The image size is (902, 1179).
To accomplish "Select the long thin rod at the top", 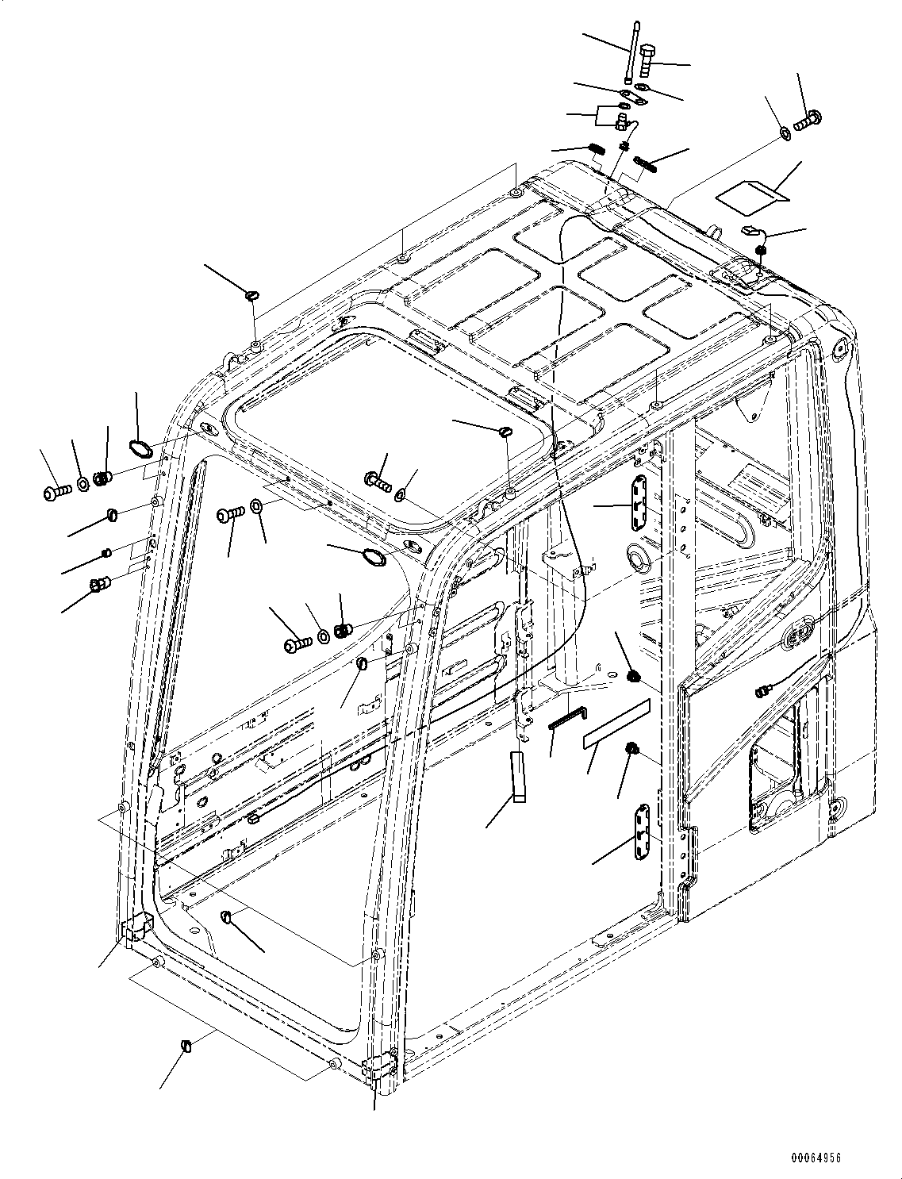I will (631, 52).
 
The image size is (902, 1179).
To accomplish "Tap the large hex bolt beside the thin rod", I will (647, 60).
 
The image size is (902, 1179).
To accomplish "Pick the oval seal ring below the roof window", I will (373, 557).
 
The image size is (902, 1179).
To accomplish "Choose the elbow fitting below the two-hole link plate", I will (624, 121).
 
